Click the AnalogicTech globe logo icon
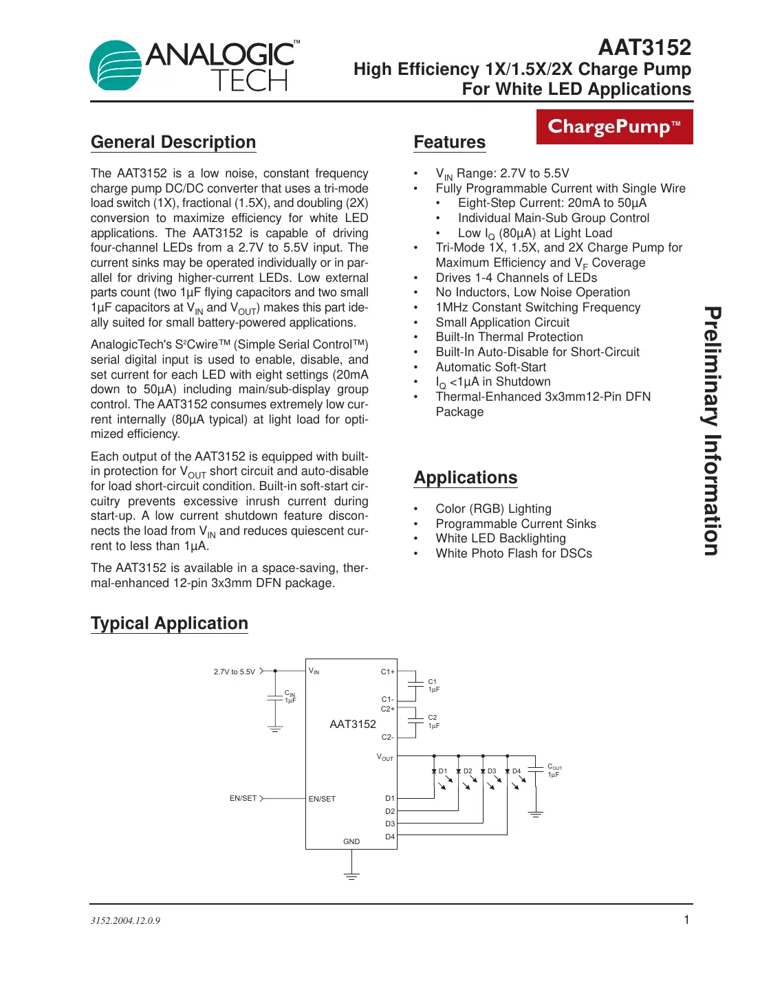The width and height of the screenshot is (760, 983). (116, 65)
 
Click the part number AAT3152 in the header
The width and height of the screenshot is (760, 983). (644, 47)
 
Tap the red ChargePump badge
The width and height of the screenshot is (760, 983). (614, 127)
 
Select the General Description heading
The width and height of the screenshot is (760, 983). (173, 142)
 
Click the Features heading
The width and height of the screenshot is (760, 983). (449, 142)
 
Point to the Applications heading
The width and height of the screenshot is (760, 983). (465, 478)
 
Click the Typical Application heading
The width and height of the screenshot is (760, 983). (169, 623)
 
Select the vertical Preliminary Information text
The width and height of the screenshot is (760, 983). (713, 431)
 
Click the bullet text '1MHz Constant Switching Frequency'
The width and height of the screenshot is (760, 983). (538, 307)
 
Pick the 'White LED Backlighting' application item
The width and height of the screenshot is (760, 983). (500, 538)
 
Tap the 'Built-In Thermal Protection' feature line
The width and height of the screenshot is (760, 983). (509, 337)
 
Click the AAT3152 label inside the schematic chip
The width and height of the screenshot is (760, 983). (353, 724)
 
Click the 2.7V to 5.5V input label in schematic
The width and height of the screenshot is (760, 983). (234, 672)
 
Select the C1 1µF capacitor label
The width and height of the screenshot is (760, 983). (433, 685)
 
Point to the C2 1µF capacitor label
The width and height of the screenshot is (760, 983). (433, 721)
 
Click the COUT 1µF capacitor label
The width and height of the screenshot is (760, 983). (554, 771)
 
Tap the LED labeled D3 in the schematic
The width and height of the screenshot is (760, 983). (484, 771)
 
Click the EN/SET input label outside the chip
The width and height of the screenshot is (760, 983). (243, 798)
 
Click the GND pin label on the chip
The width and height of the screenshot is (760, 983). (351, 841)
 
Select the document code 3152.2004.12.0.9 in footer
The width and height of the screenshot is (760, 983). (125, 920)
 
